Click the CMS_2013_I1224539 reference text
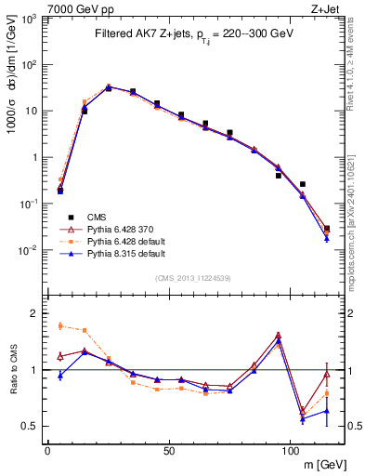[192, 276]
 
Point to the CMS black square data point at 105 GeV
[303, 184]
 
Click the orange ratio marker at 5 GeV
[60, 325]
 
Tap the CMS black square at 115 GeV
[326, 228]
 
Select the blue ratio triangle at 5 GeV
[60, 375]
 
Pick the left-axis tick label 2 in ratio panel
[37, 313]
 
